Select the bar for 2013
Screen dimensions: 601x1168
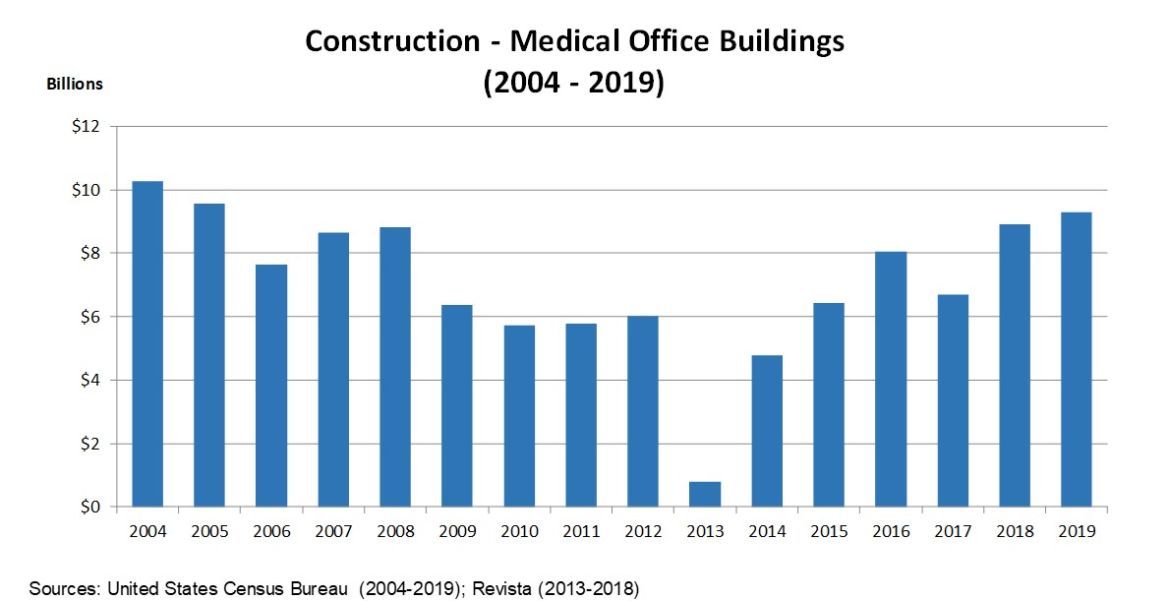coord(705,495)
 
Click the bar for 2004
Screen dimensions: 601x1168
coord(147,344)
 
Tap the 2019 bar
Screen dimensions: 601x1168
coord(1077,360)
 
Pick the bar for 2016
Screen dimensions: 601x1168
coord(891,380)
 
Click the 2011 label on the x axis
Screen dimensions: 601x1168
coord(581,531)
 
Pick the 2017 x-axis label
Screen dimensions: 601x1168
coord(953,531)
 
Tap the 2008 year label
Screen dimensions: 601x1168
coord(395,531)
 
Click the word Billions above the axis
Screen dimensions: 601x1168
coord(75,85)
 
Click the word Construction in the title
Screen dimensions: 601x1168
coord(390,41)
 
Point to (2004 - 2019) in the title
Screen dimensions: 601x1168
coord(574,83)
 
